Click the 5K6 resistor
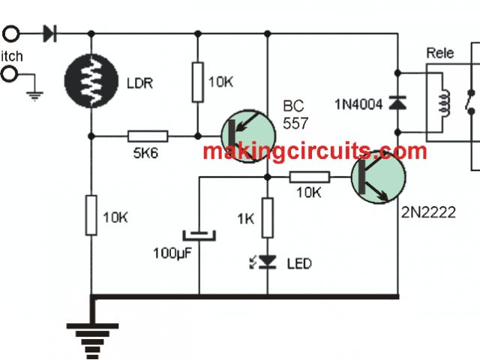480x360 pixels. (x=147, y=136)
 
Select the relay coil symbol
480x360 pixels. (x=443, y=104)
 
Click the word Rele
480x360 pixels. (x=441, y=53)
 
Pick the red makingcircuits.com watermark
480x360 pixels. (x=314, y=152)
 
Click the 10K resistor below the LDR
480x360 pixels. (x=91, y=214)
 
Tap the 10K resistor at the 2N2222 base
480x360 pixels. (x=309, y=177)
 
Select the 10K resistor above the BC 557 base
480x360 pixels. (x=198, y=82)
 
